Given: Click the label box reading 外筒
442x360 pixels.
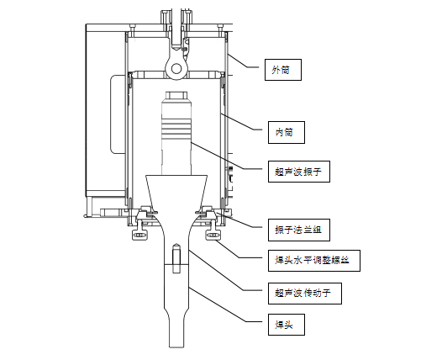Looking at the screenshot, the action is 283,70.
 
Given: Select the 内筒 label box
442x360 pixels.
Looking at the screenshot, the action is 287,132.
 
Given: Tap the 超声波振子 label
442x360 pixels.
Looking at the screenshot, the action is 299,172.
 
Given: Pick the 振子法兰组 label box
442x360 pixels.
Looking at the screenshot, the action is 299,230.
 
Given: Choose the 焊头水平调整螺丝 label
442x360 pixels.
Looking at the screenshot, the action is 314,261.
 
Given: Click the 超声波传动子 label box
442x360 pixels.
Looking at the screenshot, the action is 305,294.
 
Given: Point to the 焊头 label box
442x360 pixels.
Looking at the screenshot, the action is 287,325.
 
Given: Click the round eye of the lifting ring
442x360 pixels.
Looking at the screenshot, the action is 176,69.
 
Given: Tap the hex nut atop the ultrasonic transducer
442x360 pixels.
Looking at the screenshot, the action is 176,95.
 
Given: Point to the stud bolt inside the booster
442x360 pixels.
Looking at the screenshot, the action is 176,258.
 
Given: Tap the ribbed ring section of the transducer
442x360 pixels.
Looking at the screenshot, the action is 176,129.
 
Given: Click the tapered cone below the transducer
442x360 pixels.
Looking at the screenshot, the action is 176,192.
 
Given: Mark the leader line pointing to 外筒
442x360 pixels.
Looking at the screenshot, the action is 243,60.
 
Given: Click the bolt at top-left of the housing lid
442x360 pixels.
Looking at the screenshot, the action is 133,28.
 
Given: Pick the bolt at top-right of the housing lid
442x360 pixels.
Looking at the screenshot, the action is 220,28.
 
